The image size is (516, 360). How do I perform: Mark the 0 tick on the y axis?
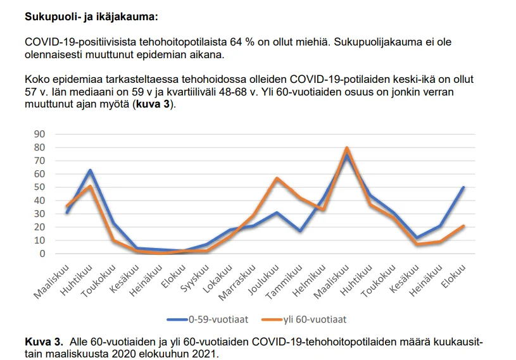click(42, 254)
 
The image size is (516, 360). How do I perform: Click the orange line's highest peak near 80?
click(347, 148)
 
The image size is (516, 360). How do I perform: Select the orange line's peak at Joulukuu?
click(277, 178)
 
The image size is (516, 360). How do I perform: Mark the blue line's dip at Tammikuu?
click(300, 231)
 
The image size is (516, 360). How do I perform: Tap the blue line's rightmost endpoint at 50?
click(463, 187)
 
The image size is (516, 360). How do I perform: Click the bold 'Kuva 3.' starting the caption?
click(43, 342)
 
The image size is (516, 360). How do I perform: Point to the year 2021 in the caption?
click(205, 354)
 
